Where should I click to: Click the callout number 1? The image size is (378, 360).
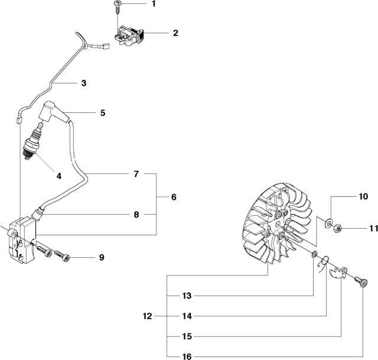click(154, 4)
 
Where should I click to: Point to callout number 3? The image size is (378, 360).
click(83, 83)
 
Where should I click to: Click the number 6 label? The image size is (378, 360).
click(174, 196)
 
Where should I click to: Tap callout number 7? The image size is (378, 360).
click(136, 174)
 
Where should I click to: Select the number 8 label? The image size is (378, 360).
click(136, 215)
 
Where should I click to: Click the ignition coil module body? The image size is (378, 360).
click(22, 239)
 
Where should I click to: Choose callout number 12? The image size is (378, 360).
click(148, 316)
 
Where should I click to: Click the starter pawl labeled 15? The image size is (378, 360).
click(338, 274)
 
